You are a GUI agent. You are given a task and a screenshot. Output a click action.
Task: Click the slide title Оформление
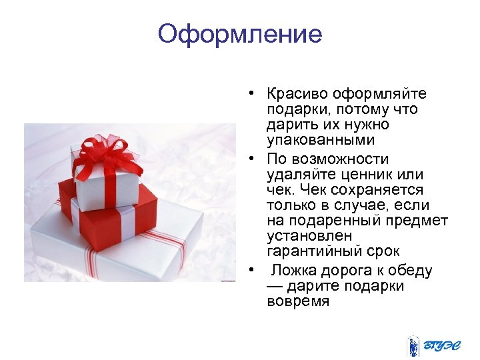click(240, 34)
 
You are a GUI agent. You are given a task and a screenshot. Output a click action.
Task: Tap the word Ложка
click(293, 271)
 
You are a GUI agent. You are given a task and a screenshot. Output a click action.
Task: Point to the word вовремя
click(297, 301)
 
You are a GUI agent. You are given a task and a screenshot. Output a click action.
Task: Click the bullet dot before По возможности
click(253, 159)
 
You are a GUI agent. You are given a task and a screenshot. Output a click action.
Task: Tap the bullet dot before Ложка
click(253, 271)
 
